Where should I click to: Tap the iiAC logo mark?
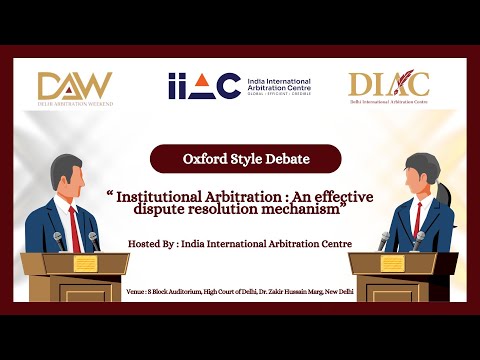(x=204, y=86)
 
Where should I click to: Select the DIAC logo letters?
(x=388, y=84)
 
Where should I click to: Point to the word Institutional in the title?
(x=165, y=197)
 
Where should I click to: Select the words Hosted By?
(x=156, y=243)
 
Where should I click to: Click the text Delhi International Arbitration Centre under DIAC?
(x=388, y=103)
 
